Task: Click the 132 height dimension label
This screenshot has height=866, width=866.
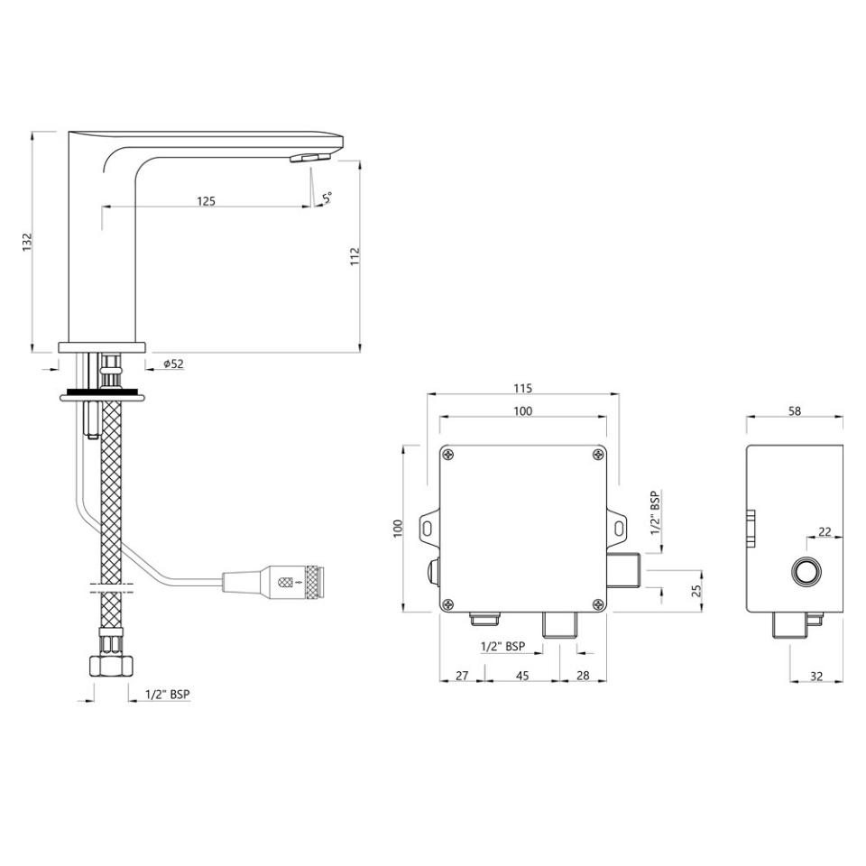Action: coord(27,242)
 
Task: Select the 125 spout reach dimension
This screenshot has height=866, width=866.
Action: coord(206,201)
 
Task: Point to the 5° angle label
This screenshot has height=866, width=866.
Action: coord(326,197)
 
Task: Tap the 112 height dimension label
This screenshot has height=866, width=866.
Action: coord(355,255)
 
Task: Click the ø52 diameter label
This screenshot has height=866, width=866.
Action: coord(173,364)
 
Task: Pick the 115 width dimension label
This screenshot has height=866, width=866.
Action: coord(522,389)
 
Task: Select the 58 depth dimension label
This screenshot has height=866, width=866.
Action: coord(795,410)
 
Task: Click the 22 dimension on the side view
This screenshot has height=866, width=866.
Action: coord(825,531)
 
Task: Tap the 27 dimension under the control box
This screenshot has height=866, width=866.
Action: coord(462,675)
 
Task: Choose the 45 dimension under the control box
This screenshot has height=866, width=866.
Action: coord(522,675)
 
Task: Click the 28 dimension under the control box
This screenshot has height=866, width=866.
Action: coord(582,675)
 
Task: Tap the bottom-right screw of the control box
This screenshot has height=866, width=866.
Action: coord(597,603)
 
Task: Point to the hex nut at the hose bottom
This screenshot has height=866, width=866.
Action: coord(111,666)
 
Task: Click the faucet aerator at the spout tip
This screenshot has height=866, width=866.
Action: coord(310,158)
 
